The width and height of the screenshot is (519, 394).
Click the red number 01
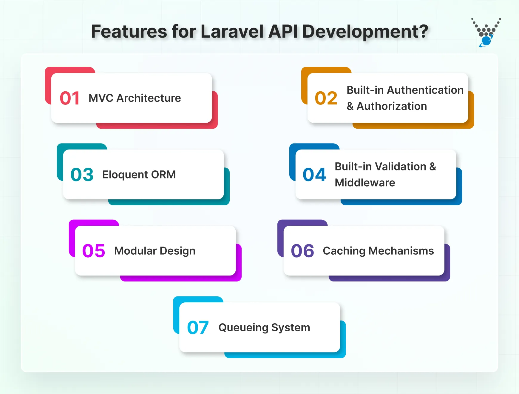click(x=69, y=98)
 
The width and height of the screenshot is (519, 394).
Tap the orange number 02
click(x=326, y=98)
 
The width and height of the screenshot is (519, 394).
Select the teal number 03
click(x=82, y=175)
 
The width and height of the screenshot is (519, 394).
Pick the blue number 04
click(x=314, y=175)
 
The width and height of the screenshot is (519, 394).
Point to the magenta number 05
click(x=94, y=251)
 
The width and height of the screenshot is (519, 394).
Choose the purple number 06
click(x=302, y=251)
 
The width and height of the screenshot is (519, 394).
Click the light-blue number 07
click(x=198, y=327)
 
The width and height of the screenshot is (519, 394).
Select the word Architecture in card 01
click(x=149, y=98)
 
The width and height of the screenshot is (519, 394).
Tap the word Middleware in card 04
click(x=365, y=183)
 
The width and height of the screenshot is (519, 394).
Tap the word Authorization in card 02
click(x=392, y=106)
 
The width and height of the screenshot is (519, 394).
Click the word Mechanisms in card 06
click(x=401, y=251)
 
